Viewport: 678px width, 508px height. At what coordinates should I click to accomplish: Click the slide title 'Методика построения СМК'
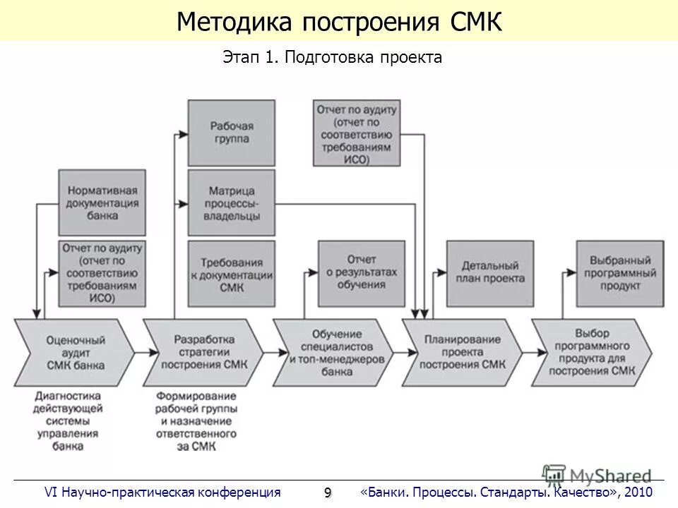point(339,22)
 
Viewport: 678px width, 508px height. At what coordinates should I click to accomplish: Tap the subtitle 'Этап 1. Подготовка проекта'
point(332,58)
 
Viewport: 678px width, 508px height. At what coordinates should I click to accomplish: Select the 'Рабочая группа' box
point(231,133)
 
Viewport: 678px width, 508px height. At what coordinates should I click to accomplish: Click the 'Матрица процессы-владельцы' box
point(231,203)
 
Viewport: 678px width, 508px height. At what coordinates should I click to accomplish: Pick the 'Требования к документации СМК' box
point(231,274)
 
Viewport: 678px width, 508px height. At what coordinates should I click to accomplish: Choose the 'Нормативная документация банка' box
point(102,203)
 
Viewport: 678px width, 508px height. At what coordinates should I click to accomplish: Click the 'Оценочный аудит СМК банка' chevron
point(74,353)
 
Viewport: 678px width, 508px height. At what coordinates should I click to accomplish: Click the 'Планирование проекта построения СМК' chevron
point(463,353)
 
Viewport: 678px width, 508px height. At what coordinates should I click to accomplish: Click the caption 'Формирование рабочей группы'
point(196,421)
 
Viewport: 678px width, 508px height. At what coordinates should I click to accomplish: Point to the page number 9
point(327,492)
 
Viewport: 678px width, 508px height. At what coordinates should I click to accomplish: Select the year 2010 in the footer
point(638,492)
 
